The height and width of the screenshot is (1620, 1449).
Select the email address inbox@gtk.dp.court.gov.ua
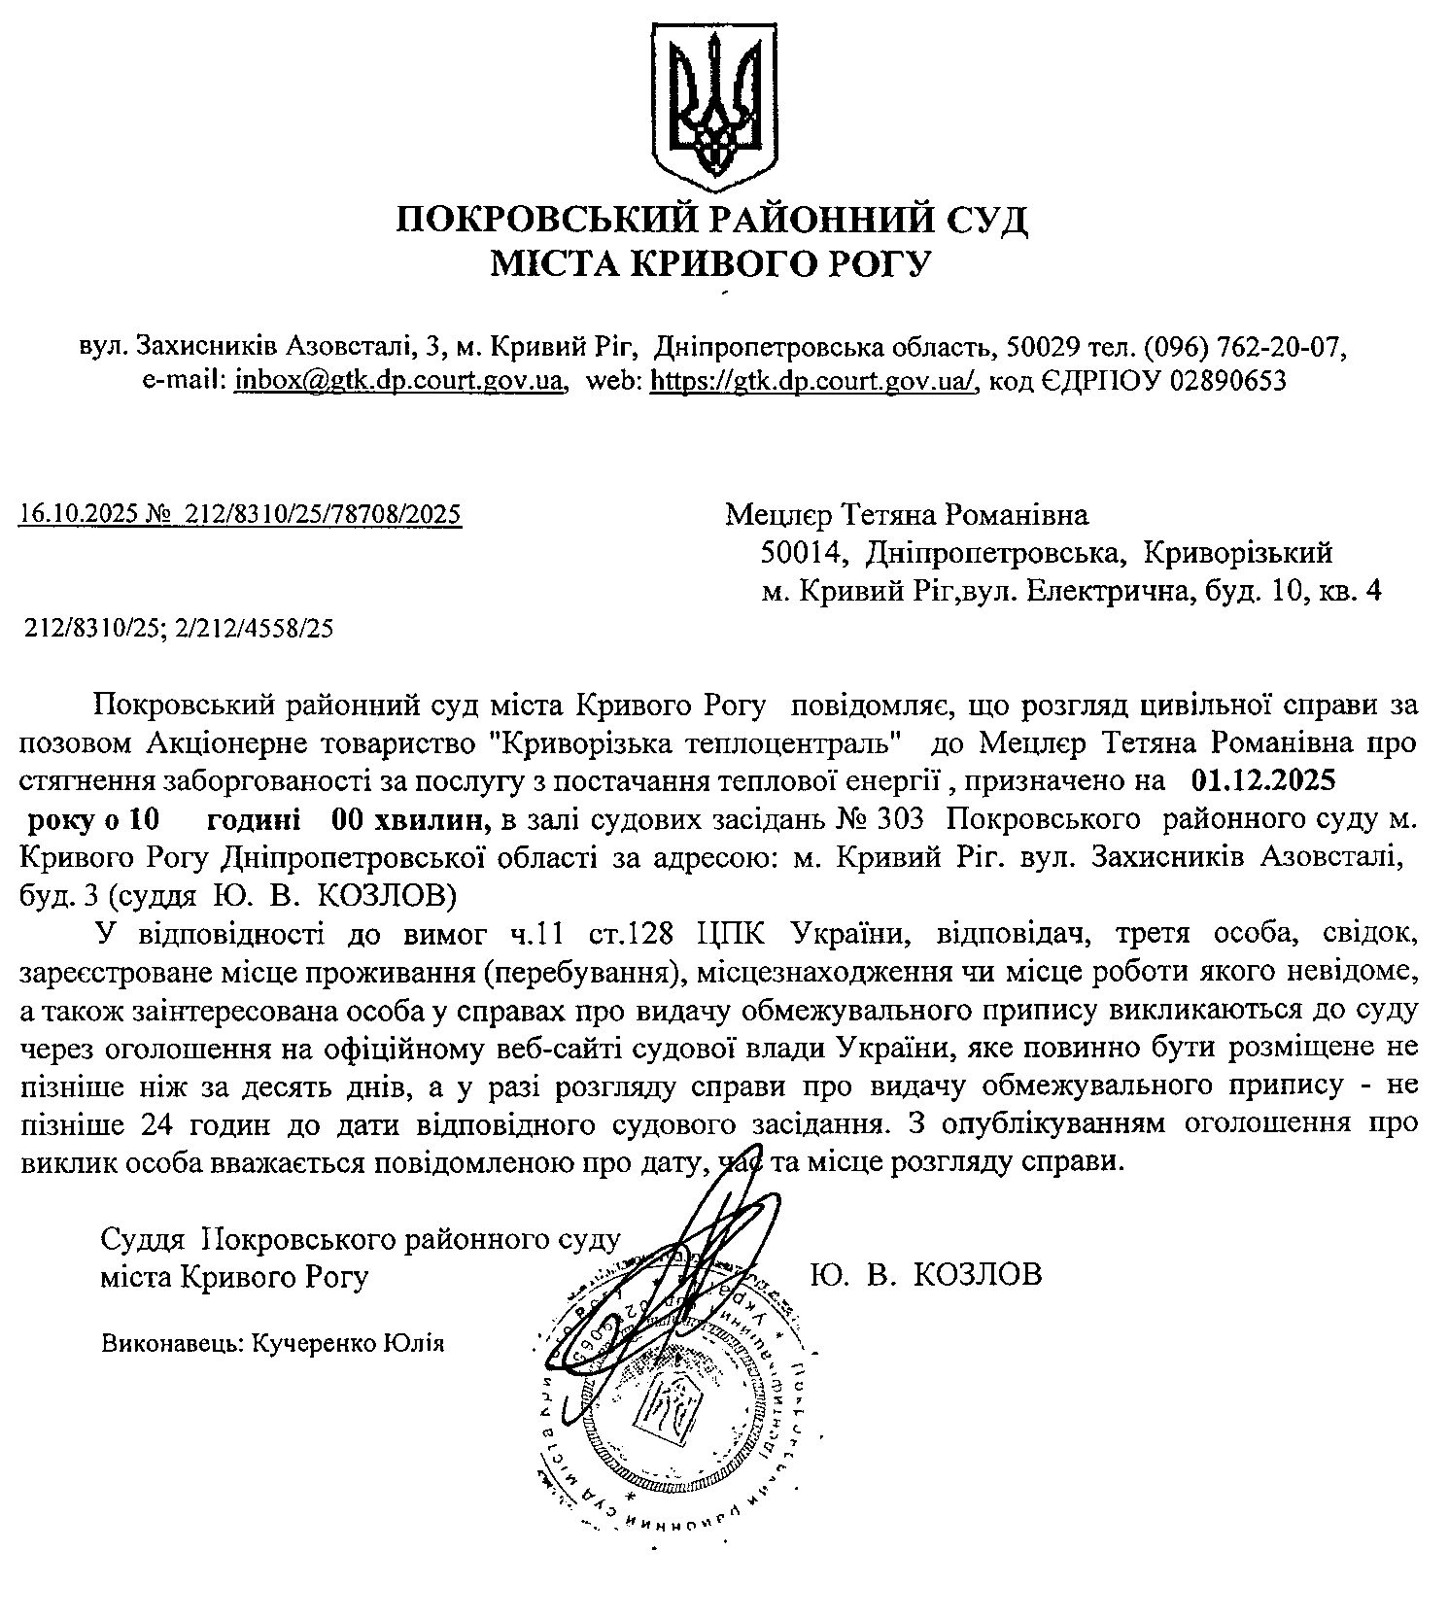tap(399, 381)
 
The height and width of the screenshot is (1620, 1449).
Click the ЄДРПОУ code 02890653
tap(1228, 381)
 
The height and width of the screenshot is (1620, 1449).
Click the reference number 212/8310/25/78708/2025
tap(328, 513)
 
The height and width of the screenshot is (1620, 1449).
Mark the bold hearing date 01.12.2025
tap(1262, 780)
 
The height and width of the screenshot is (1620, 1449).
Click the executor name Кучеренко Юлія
tap(348, 1343)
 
